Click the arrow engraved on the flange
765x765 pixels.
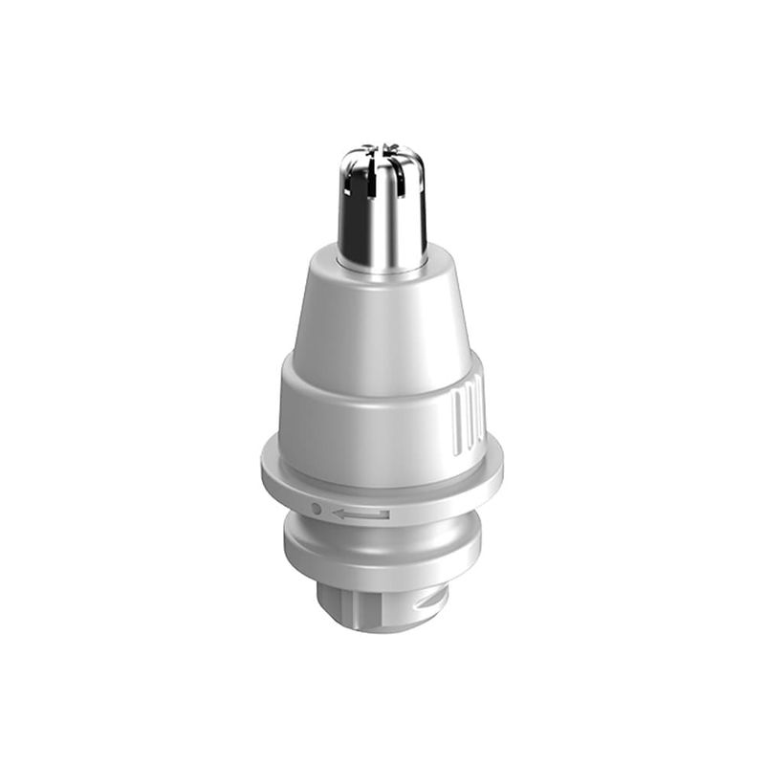[x=361, y=514]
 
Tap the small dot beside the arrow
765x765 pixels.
[x=317, y=510]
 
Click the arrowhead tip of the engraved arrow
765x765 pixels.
[x=334, y=514]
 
